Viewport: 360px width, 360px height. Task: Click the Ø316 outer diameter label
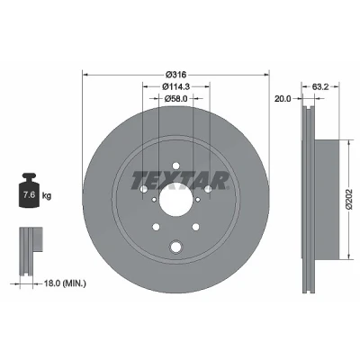(176, 74)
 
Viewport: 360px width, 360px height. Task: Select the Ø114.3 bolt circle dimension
(176, 86)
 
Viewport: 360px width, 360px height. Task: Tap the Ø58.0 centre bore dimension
(176, 98)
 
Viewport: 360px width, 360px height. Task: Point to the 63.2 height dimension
(320, 86)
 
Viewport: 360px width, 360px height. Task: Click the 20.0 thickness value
(283, 99)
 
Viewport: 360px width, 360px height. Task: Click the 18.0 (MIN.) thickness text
(65, 283)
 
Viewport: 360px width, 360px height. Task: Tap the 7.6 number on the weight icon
(29, 195)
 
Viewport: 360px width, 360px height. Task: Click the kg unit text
(47, 196)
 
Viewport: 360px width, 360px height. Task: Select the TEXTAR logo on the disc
(180, 180)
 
